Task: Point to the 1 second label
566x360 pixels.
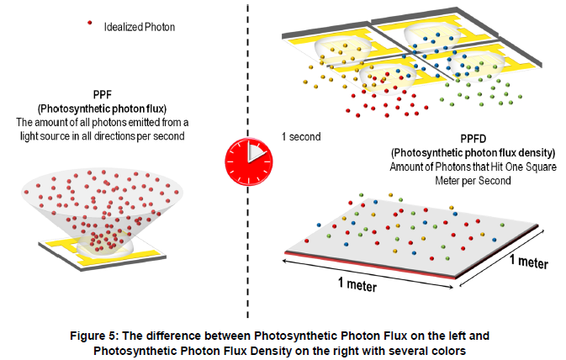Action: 301,135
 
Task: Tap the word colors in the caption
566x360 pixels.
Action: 450,349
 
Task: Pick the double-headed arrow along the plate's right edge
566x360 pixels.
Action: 505,251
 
